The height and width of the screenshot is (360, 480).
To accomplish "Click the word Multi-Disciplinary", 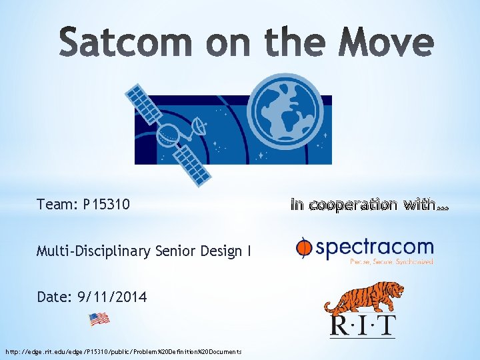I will pos(94,251).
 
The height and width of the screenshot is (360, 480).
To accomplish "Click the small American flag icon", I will pos(99,319).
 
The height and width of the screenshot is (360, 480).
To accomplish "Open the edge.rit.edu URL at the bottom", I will pos(123,351).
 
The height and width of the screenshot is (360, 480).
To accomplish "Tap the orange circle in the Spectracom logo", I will pos(304,249).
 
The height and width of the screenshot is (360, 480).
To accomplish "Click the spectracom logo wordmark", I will pos(373,248).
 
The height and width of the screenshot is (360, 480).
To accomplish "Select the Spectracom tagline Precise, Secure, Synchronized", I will pos(392,262).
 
